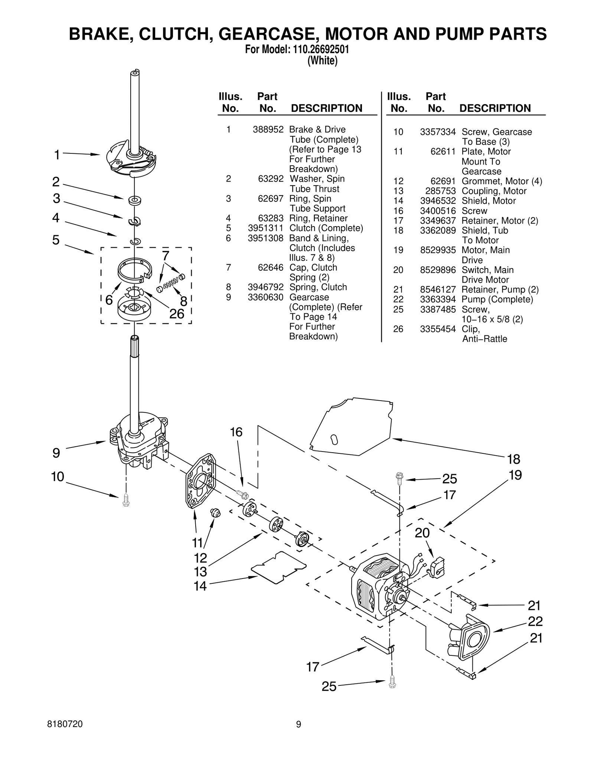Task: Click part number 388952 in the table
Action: (268, 130)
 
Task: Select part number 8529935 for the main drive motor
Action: (438, 250)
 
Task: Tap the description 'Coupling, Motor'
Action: (494, 191)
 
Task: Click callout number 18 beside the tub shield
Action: (513, 459)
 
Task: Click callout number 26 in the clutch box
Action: (177, 314)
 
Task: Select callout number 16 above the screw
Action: (236, 432)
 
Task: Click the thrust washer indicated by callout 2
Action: (133, 201)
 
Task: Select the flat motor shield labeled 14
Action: (279, 568)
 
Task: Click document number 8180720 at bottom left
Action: (65, 724)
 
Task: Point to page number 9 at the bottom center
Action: (298, 724)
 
